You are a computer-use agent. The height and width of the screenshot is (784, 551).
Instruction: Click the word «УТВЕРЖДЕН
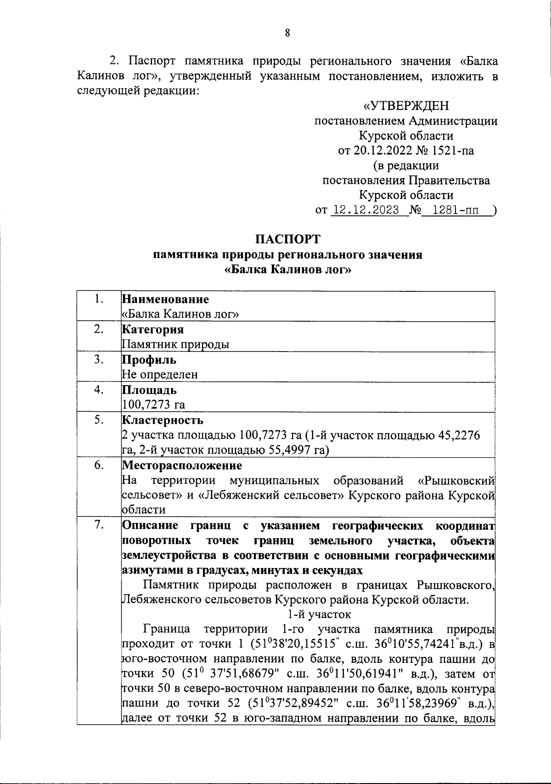click(406, 106)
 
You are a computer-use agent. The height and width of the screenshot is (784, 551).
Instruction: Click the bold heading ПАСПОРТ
click(288, 239)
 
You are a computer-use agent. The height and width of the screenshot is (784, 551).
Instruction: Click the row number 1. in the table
click(98, 299)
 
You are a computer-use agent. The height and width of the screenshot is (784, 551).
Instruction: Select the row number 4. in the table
click(98, 390)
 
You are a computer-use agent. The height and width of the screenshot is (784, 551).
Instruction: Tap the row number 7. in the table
click(98, 525)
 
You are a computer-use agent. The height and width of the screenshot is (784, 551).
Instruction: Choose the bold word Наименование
click(165, 300)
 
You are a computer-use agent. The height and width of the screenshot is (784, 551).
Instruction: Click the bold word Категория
click(153, 330)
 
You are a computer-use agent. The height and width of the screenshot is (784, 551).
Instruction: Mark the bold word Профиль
click(149, 360)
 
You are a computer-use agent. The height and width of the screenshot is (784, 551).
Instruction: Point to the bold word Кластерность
click(163, 420)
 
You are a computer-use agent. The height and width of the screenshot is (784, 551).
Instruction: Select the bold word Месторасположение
click(182, 465)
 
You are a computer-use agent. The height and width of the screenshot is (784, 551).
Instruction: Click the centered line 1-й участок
click(319, 614)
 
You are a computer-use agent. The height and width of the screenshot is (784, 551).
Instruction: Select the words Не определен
click(160, 375)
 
